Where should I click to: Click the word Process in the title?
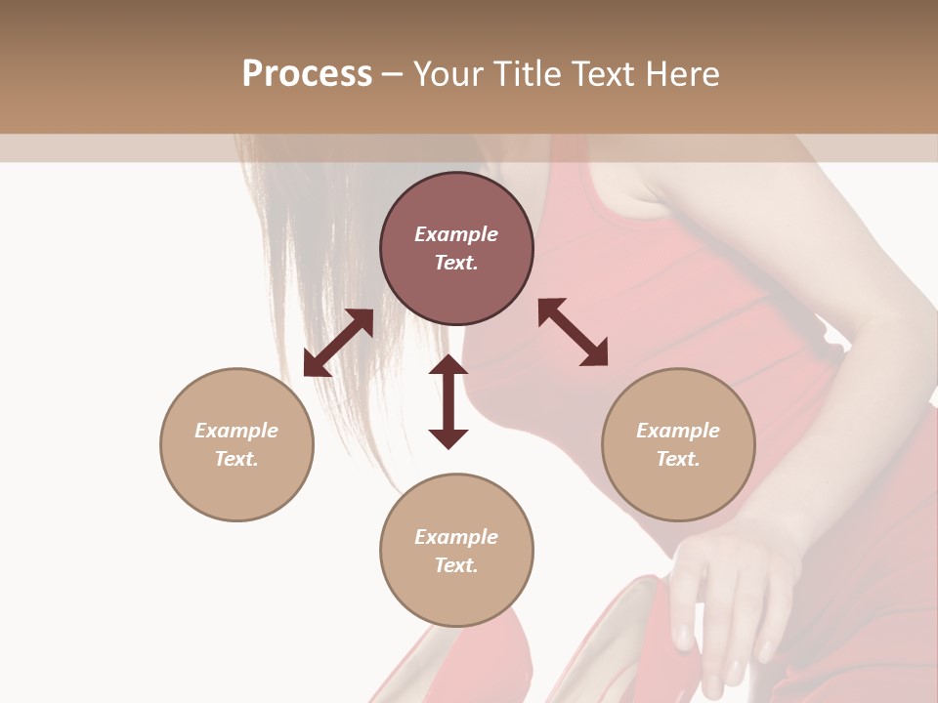(x=307, y=74)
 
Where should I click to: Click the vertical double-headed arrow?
(x=448, y=402)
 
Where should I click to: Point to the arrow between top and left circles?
(x=338, y=343)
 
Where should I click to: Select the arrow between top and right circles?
(x=573, y=332)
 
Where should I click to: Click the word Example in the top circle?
(x=456, y=234)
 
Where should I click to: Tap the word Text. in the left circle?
(x=236, y=459)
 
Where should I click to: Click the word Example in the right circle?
(x=678, y=431)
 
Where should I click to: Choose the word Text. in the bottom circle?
(x=456, y=565)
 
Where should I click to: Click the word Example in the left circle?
(x=236, y=431)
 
